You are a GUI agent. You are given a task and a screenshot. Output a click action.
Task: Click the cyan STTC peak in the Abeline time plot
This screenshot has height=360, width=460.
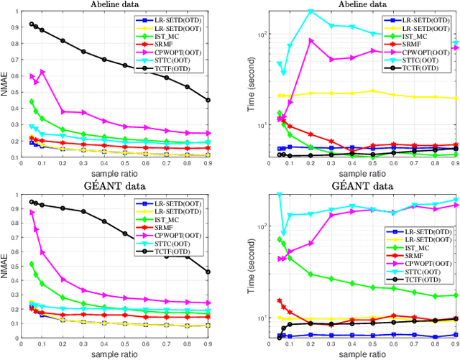click(311, 11)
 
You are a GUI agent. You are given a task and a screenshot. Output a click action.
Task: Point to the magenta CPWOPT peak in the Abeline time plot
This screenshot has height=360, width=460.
click(311, 40)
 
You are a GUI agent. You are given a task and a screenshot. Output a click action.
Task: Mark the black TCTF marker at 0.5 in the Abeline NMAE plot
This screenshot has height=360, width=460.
click(125, 65)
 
